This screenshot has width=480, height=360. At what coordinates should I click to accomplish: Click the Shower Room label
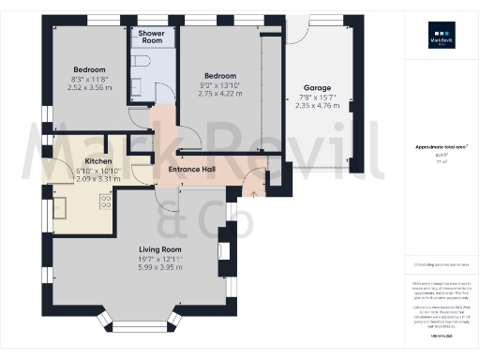tap(151, 37)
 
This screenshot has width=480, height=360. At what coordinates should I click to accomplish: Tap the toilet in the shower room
tap(141, 61)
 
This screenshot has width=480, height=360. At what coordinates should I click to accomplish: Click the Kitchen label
tap(93, 161)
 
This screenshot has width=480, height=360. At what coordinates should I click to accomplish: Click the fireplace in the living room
tap(224, 250)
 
